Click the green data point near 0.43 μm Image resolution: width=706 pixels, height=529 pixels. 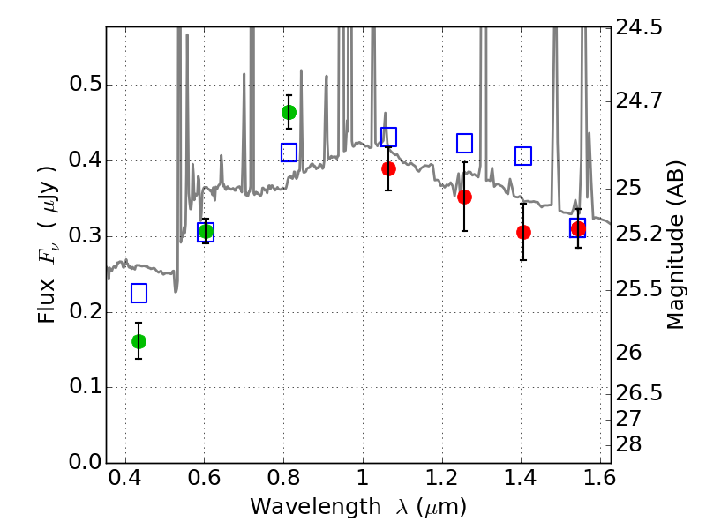[x=139, y=341]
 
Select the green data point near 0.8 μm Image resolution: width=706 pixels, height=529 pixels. [x=289, y=112]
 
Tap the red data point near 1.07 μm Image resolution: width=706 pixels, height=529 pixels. [x=388, y=168]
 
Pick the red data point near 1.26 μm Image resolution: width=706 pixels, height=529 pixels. [x=464, y=197]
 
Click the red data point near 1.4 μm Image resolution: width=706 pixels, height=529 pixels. [x=523, y=232]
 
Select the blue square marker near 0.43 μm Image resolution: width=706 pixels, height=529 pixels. [x=139, y=293]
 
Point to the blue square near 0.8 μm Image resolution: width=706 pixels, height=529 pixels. [x=289, y=153]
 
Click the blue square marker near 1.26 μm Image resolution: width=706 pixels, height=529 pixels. [x=464, y=143]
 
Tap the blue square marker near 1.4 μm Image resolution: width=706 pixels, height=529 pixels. [x=523, y=156]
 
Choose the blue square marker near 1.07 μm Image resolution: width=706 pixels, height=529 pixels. [x=388, y=137]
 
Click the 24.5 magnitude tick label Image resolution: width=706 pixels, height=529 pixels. [x=640, y=28]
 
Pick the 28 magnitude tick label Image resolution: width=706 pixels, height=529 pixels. [x=631, y=443]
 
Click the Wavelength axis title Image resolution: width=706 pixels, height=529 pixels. [x=357, y=507]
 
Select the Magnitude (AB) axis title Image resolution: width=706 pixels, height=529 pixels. [x=676, y=246]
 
